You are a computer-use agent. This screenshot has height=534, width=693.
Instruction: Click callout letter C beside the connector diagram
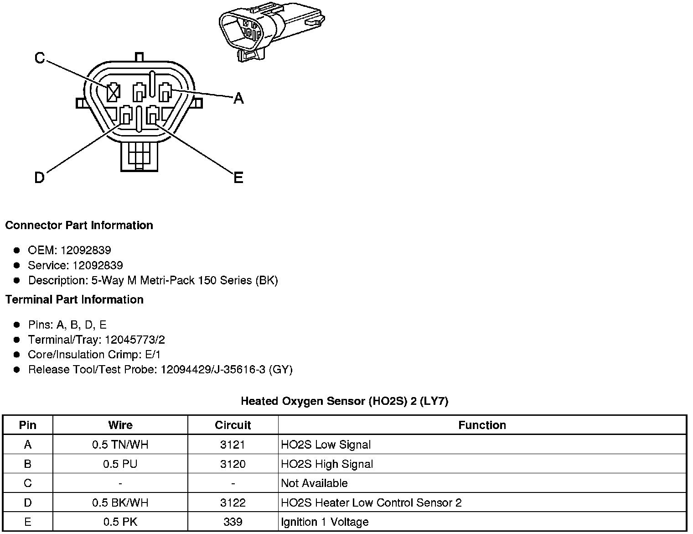pos(40,58)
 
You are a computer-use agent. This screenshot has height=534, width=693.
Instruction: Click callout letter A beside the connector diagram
pos(238,98)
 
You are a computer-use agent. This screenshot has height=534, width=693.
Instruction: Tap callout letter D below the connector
pos(40,178)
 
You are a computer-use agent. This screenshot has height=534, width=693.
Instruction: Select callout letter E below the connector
pos(238,178)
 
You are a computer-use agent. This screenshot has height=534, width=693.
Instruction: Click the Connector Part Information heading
pos(79,225)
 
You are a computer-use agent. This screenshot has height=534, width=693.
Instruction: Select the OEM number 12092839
pos(86,250)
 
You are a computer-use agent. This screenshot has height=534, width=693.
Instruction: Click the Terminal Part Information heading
pos(74,300)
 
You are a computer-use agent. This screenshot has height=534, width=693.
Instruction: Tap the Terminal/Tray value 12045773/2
pos(135,340)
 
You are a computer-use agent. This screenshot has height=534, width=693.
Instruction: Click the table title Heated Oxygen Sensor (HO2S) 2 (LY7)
pos(345,401)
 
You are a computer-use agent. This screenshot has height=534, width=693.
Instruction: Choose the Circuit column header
pos(233,425)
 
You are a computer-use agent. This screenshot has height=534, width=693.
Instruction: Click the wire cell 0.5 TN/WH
pos(120,445)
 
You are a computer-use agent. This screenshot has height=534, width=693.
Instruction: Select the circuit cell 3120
pos(233,464)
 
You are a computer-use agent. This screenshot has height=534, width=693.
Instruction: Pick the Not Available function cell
pos(314,483)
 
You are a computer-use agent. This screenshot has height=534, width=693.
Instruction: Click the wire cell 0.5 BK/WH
pos(120,503)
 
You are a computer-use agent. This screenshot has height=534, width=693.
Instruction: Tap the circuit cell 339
pos(233,522)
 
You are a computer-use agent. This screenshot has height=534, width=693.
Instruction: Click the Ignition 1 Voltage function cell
pos(325,522)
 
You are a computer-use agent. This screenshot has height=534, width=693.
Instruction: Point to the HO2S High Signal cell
pos(327,464)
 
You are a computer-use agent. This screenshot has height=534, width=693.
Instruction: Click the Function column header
pos(482,425)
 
